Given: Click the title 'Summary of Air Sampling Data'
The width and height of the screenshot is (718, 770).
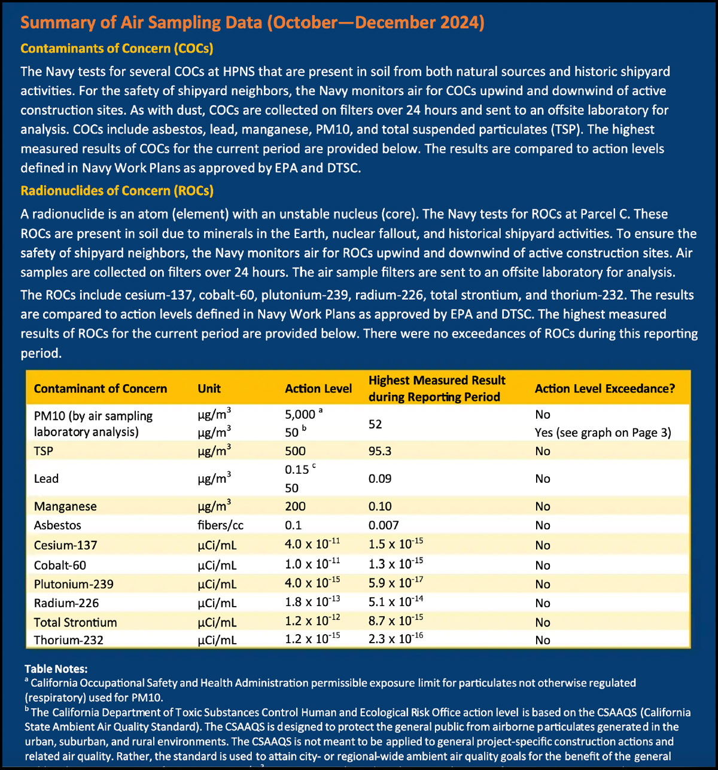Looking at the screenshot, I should point(141,23).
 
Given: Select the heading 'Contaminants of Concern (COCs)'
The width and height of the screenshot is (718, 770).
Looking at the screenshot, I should point(117,48).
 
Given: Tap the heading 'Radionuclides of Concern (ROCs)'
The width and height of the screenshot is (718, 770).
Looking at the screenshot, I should point(117,191).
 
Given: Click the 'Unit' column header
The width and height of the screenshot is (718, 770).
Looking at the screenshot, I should point(209,388).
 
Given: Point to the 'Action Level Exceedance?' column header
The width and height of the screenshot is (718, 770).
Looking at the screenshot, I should point(604,388).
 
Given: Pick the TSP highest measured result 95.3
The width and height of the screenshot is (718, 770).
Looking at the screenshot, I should point(380,451).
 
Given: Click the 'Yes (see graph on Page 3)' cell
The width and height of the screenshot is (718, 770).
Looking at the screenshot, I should point(603,433).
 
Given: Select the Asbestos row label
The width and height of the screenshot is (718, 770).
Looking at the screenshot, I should point(57,525).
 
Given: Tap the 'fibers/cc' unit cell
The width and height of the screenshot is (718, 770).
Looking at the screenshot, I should point(220,525).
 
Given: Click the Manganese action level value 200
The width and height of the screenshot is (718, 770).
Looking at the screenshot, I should point(295,506).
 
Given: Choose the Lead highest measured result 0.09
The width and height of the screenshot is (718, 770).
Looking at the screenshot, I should point(380,479).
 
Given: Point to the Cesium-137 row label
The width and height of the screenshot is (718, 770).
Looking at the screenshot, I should point(65,545).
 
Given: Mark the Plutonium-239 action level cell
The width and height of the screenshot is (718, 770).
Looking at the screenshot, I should point(312,583).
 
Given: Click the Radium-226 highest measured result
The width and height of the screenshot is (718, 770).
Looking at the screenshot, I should point(395,602).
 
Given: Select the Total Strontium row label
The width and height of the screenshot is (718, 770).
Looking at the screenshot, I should point(75,622).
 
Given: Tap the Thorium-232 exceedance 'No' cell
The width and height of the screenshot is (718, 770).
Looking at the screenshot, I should point(543,640).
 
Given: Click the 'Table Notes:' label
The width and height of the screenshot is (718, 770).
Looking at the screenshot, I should point(56,669).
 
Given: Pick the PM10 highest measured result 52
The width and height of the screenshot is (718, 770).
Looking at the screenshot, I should point(375,424).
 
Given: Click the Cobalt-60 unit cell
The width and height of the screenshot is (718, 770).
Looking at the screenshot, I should point(217,565).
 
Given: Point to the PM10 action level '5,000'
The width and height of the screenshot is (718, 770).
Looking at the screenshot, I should point(300,414).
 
